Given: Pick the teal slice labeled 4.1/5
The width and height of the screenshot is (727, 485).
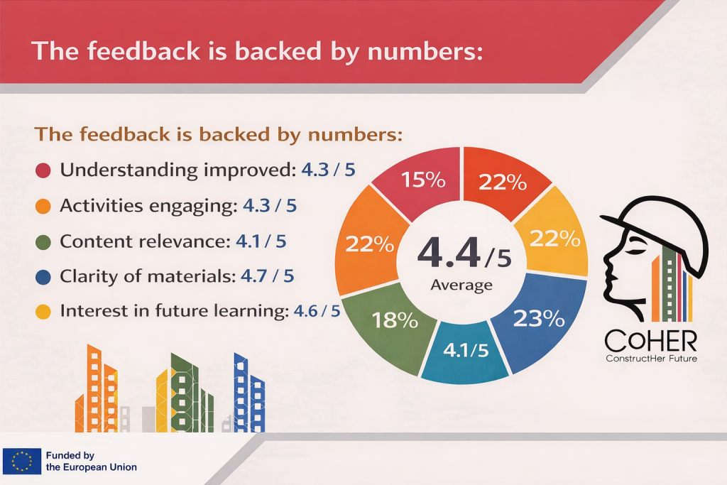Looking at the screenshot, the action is pos(465,352).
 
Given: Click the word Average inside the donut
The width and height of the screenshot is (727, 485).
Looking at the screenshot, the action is pos(461,285).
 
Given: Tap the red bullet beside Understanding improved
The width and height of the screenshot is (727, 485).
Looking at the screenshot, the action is pos(43,170).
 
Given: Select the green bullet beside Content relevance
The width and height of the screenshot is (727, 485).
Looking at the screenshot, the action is pos(43,242).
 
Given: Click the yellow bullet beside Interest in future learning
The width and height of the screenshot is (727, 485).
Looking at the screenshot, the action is pos(43,312).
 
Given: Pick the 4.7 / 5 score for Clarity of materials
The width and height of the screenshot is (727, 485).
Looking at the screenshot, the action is pos(268,276).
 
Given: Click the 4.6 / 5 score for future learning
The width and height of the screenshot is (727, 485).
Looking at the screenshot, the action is pos(317,310).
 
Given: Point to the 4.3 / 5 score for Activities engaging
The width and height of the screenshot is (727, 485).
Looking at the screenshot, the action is pos(270,205).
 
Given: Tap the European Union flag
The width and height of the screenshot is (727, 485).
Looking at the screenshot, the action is pos(22,461).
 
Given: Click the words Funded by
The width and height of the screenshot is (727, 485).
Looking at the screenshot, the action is pos(70,455).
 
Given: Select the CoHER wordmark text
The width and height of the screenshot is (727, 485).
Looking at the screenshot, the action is pos(651,342).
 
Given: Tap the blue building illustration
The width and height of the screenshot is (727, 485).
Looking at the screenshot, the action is pos(249,393).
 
